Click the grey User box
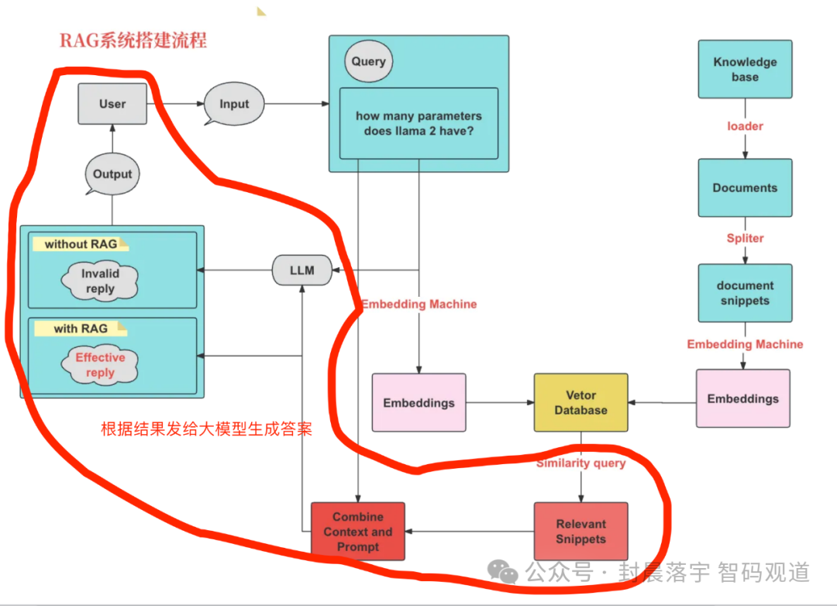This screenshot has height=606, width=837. [112, 104]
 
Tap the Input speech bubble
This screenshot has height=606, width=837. [234, 104]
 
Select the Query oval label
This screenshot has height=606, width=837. [368, 61]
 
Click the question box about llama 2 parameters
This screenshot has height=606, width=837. [418, 123]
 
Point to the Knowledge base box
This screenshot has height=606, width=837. [745, 69]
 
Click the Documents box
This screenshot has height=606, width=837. [745, 188]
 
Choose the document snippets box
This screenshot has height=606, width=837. [745, 292]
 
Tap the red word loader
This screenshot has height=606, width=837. [745, 126]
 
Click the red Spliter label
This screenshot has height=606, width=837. [745, 238]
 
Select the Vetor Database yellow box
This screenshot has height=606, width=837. [580, 402]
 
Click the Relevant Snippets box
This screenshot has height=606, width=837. [580, 532]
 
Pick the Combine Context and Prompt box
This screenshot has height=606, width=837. [358, 532]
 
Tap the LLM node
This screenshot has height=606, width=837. [301, 270]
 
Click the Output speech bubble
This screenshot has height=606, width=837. [113, 174]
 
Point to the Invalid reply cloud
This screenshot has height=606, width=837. [101, 281]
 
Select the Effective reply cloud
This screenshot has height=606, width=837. [101, 365]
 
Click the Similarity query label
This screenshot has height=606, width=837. [580, 463]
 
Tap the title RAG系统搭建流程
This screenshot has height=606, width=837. [133, 40]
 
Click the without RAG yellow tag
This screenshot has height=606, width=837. [81, 244]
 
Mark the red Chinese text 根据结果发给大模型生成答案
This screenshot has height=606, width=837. [206, 429]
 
